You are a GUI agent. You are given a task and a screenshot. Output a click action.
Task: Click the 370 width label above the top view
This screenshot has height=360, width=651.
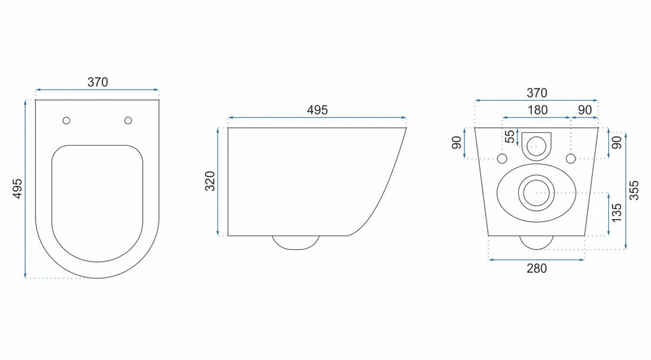coord(98,82)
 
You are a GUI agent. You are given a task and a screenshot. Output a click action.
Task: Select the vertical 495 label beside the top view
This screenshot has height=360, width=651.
coord(18,189)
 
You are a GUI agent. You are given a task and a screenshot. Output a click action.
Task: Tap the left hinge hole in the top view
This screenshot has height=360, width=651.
coord(66,120)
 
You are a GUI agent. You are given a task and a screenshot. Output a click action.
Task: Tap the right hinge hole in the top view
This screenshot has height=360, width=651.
coord(128,120)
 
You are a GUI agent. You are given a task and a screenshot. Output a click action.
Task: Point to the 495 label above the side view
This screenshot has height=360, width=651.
coord(317,110)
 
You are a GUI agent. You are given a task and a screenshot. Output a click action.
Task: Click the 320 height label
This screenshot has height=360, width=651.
coord(210,181)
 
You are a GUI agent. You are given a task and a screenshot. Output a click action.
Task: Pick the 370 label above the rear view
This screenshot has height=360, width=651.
coord(537,93)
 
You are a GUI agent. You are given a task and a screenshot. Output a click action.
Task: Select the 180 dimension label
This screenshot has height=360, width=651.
coord(538,110)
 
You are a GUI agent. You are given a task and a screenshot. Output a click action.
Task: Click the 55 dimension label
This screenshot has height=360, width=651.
coord(510,137)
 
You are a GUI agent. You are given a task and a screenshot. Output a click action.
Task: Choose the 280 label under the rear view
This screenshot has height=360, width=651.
coord(537,268)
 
